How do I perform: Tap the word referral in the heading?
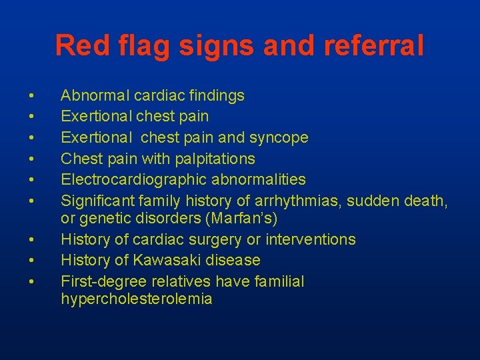pyautogui.click(x=376, y=46)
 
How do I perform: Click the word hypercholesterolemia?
pyautogui.click(x=136, y=299)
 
